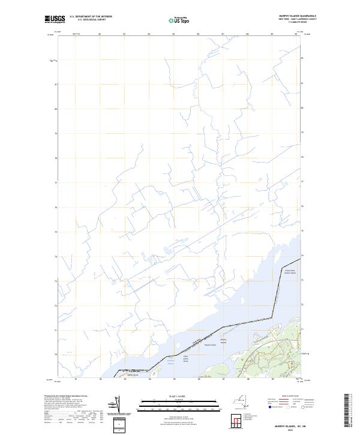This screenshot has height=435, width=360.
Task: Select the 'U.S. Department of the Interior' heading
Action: tap(91, 17)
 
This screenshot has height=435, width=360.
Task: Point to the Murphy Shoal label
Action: tap(210, 345)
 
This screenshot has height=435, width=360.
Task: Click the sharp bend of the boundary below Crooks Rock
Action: tap(279, 284)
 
